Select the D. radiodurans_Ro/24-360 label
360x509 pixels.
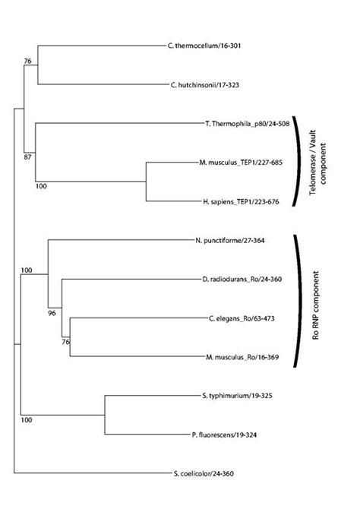[245, 280]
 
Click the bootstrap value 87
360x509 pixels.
[29, 156]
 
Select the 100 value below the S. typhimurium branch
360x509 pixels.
[27, 420]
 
